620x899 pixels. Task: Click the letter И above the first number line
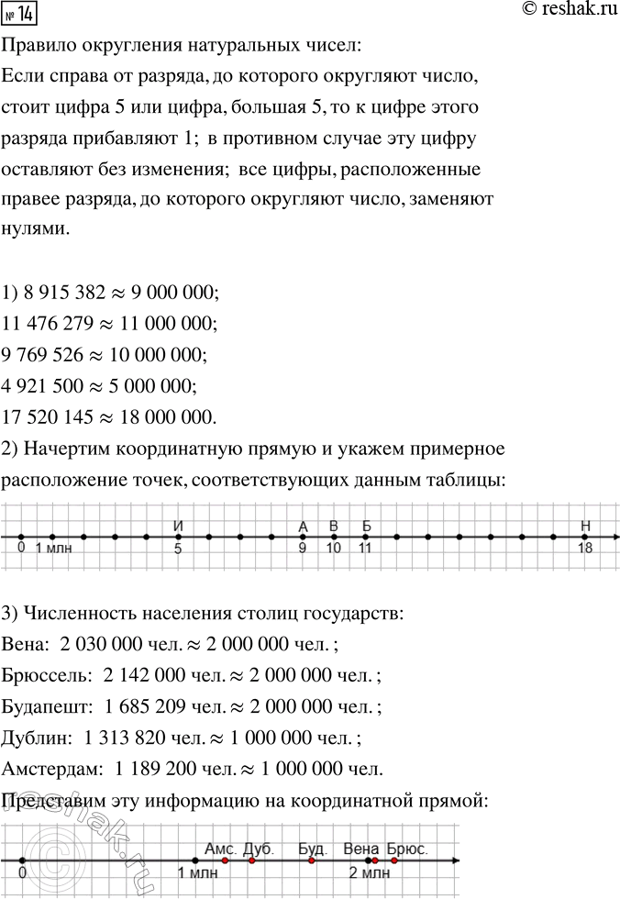click(x=178, y=525)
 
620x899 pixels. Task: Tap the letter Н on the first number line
click(x=585, y=525)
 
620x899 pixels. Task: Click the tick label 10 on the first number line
click(x=333, y=549)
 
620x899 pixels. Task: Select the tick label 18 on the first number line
click(x=585, y=549)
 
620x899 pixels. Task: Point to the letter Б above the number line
click(x=365, y=525)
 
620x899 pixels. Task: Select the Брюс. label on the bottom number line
click(x=407, y=849)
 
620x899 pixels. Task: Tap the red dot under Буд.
click(x=312, y=860)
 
